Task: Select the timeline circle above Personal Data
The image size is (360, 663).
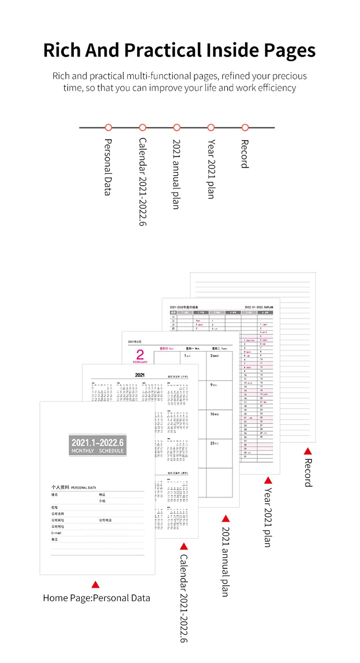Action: (108, 128)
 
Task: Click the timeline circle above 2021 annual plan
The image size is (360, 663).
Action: (177, 128)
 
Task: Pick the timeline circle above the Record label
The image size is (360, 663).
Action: (245, 128)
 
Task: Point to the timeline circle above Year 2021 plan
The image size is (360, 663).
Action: (211, 128)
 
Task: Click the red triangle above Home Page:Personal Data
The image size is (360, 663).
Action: (95, 584)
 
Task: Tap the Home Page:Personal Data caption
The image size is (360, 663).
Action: (96, 598)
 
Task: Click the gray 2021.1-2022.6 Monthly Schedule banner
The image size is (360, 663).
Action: (98, 446)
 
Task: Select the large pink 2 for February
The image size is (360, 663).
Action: (140, 355)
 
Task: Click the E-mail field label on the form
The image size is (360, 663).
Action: (57, 533)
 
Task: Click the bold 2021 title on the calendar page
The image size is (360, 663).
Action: (140, 375)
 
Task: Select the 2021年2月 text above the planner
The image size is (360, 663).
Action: (135, 342)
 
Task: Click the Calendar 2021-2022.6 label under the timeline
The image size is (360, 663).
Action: (143, 182)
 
